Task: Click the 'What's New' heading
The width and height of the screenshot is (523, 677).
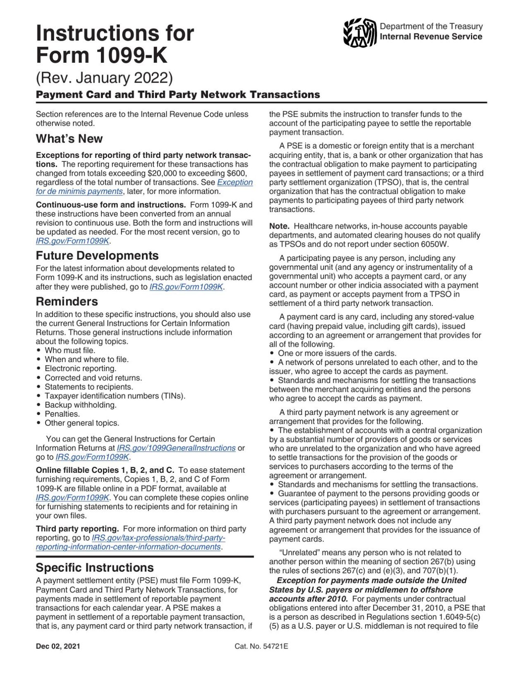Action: (x=69, y=138)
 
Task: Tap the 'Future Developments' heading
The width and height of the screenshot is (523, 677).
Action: (x=97, y=255)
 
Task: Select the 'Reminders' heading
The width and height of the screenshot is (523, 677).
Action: (x=67, y=301)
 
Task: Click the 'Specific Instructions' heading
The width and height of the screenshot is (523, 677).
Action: (x=95, y=567)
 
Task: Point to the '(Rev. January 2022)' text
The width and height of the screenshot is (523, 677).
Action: (x=104, y=78)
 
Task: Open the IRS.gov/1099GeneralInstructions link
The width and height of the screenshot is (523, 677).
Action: (x=176, y=448)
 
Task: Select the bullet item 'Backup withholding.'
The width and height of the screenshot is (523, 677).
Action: (x=81, y=405)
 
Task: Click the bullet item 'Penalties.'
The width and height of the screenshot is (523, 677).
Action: (x=62, y=414)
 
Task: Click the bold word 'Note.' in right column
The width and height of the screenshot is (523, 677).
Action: (x=279, y=226)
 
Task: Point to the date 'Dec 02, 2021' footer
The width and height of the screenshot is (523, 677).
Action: (x=58, y=646)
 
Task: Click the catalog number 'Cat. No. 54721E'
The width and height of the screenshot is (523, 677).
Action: (x=261, y=646)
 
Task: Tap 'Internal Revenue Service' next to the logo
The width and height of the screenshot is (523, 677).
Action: (x=431, y=36)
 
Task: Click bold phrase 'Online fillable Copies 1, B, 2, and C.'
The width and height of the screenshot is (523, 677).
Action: (x=105, y=470)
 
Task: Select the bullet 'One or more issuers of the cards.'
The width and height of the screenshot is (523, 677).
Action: (x=337, y=353)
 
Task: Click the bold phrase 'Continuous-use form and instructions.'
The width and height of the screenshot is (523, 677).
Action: (x=110, y=205)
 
